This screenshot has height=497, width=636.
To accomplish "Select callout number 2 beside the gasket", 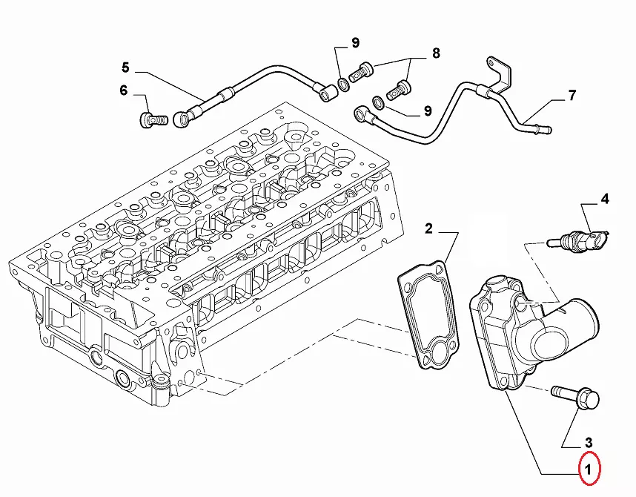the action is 428,228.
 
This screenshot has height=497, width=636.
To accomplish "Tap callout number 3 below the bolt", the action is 588,442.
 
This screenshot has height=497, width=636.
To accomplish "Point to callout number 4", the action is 604,199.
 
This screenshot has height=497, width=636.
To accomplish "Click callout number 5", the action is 125,68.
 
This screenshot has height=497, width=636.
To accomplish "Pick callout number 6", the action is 124,90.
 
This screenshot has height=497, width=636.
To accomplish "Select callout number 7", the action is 572,96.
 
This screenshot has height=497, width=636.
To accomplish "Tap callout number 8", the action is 436,53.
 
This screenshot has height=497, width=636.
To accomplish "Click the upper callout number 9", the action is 355,42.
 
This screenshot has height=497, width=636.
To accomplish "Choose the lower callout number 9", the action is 428,111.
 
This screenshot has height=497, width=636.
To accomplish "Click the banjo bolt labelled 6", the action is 153,119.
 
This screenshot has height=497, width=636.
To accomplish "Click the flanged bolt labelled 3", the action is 575,395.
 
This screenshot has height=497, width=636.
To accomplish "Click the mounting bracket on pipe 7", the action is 500,77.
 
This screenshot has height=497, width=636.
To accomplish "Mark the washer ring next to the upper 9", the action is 343,85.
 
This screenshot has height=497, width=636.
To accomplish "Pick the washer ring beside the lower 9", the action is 378,102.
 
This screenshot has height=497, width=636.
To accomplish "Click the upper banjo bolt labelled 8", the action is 361,72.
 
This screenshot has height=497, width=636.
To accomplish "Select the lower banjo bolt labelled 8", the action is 399,90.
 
